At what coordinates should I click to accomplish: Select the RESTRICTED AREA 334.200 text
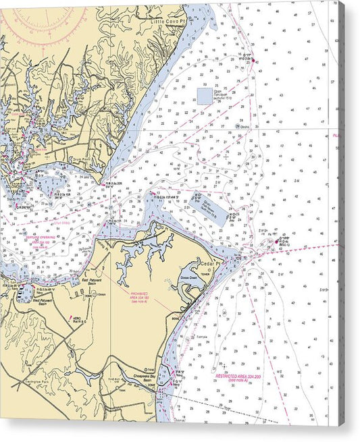pyautogui.click(x=241, y=377)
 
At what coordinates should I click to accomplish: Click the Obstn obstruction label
pyautogui.click(x=245, y=126)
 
